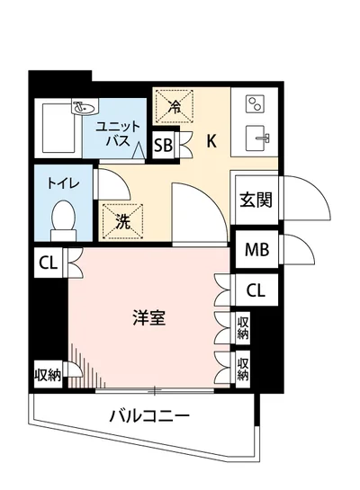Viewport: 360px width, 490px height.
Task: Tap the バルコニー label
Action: tap(149, 416)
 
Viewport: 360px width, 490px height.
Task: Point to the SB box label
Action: tap(164, 146)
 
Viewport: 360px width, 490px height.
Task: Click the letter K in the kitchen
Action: tap(211, 140)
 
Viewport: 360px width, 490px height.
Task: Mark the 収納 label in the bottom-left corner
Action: tap(47, 375)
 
